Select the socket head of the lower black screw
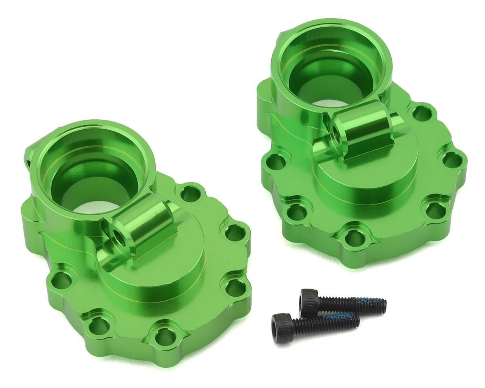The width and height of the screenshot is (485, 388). pos(281,322)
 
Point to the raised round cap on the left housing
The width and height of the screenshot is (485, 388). pos(162,279)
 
